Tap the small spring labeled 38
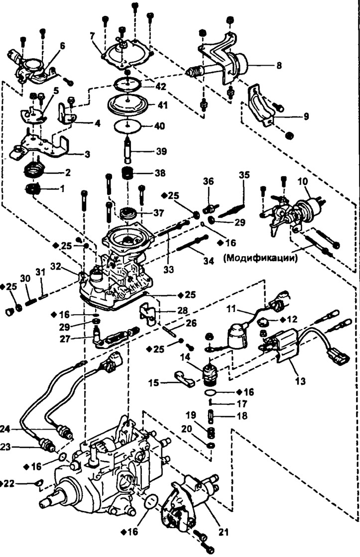[128, 175]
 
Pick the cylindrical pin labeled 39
[129, 150]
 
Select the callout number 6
[62, 45]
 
